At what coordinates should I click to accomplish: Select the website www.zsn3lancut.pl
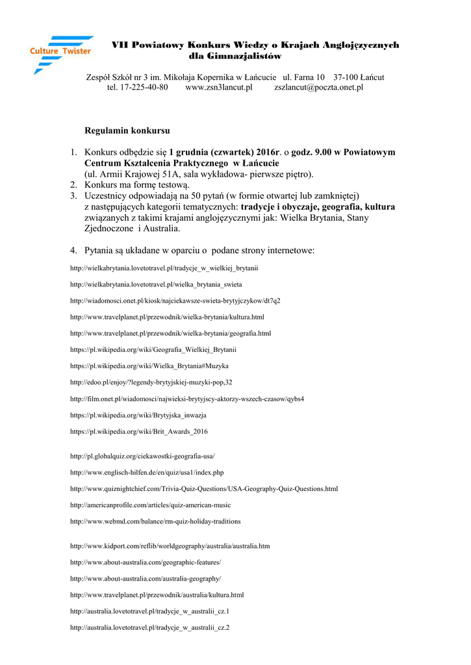click(218, 87)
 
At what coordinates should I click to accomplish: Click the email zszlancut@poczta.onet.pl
click(318, 87)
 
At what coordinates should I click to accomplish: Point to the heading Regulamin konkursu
click(127, 131)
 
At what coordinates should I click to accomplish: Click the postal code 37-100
click(346, 77)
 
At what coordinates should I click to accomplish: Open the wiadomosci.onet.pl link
click(175, 301)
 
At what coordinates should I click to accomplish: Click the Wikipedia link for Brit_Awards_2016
click(138, 431)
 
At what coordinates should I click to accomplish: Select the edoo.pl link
click(151, 382)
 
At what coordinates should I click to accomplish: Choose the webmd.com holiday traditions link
click(155, 521)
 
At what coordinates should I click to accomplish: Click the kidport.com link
click(170, 546)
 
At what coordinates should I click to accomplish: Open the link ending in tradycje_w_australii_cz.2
click(149, 627)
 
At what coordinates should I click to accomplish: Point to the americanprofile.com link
click(150, 505)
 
